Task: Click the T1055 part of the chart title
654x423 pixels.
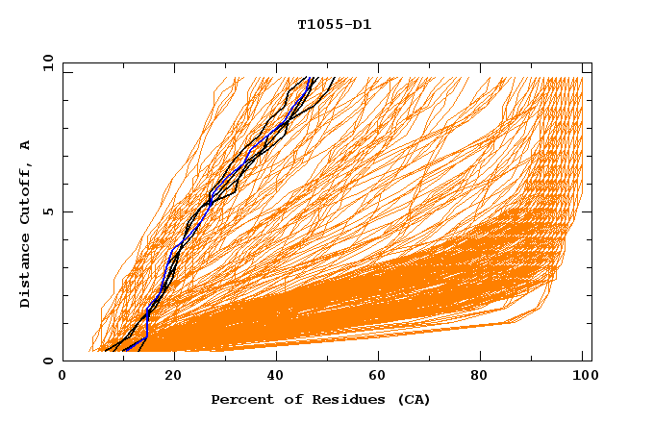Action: tap(317, 25)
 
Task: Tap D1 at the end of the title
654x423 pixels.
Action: tap(362, 25)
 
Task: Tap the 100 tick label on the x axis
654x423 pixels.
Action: tap(582, 378)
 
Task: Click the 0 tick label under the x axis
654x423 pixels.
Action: tap(63, 378)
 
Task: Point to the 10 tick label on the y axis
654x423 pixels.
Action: tap(46, 63)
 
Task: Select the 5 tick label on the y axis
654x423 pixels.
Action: tap(46, 211)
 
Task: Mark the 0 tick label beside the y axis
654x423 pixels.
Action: tap(46, 361)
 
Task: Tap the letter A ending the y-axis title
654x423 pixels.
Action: tap(25, 144)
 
